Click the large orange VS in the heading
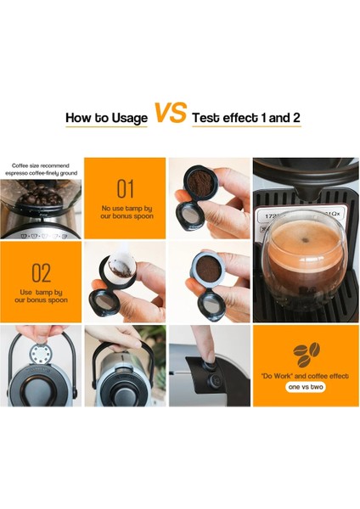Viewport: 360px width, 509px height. [170, 113]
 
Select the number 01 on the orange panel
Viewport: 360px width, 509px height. [125, 187]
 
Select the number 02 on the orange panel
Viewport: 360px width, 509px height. [41, 272]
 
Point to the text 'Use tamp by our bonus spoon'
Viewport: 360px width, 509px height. [41, 296]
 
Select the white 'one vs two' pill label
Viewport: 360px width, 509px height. [306, 386]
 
